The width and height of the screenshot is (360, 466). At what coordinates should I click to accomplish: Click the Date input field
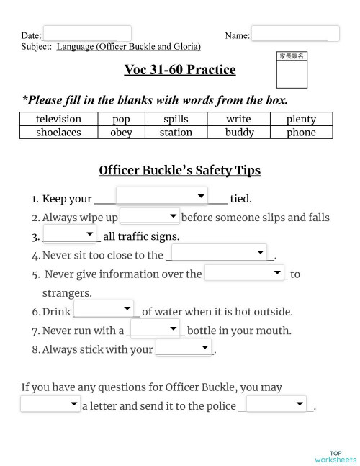tap(86, 34)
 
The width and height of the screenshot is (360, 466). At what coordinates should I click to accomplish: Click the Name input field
tap(294, 34)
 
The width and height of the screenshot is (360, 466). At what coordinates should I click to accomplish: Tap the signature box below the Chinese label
tap(292, 74)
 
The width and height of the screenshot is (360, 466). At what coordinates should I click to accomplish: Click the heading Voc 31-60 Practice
tap(180, 70)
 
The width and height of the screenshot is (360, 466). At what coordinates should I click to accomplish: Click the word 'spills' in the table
tap(176, 119)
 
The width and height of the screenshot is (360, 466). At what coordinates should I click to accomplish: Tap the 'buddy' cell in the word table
tap(239, 132)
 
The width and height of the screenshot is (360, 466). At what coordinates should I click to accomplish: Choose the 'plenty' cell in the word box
tap(301, 119)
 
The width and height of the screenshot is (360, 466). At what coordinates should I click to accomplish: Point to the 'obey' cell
tap(121, 132)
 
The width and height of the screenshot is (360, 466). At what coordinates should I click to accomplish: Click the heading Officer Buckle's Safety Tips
tap(179, 171)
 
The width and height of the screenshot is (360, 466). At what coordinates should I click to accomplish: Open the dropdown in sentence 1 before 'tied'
tap(161, 197)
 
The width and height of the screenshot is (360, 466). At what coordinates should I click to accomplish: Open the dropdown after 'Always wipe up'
tap(150, 216)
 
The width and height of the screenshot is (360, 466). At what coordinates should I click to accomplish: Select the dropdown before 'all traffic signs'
tap(69, 234)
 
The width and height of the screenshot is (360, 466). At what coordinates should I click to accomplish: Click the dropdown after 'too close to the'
tap(220, 252)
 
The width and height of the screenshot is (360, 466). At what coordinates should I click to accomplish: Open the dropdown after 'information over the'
tap(245, 272)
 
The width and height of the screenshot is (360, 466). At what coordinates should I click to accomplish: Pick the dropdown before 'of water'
tap(104, 309)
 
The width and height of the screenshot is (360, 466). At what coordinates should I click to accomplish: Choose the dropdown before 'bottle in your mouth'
tap(155, 328)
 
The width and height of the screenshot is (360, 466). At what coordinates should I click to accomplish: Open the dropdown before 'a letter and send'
tap(50, 405)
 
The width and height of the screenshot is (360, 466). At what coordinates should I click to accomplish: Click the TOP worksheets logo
tap(336, 456)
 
